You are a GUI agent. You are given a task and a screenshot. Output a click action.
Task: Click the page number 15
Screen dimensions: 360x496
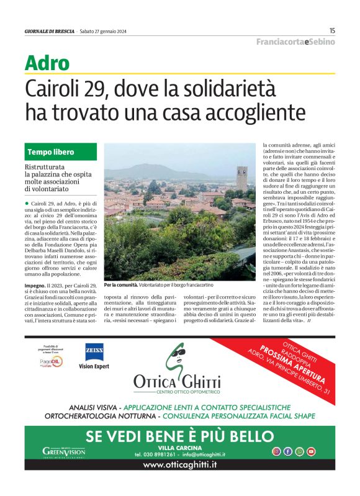(332, 30)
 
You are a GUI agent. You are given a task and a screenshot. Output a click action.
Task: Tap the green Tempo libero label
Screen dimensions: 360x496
(51, 152)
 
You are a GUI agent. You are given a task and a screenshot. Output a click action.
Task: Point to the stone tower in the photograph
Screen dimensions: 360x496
(241, 178)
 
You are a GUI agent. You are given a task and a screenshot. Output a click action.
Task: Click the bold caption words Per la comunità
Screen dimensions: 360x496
(119, 285)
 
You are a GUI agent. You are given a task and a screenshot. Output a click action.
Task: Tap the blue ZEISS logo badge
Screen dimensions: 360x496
(94, 352)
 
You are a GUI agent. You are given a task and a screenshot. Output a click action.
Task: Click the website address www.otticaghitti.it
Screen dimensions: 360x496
(179, 464)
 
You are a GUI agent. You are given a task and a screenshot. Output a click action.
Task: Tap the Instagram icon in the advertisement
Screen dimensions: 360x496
(276, 451)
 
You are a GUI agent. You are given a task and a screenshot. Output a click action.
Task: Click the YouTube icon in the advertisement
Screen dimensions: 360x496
(311, 451)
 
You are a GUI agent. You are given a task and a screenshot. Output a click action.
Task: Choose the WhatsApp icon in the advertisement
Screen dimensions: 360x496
(299, 451)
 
